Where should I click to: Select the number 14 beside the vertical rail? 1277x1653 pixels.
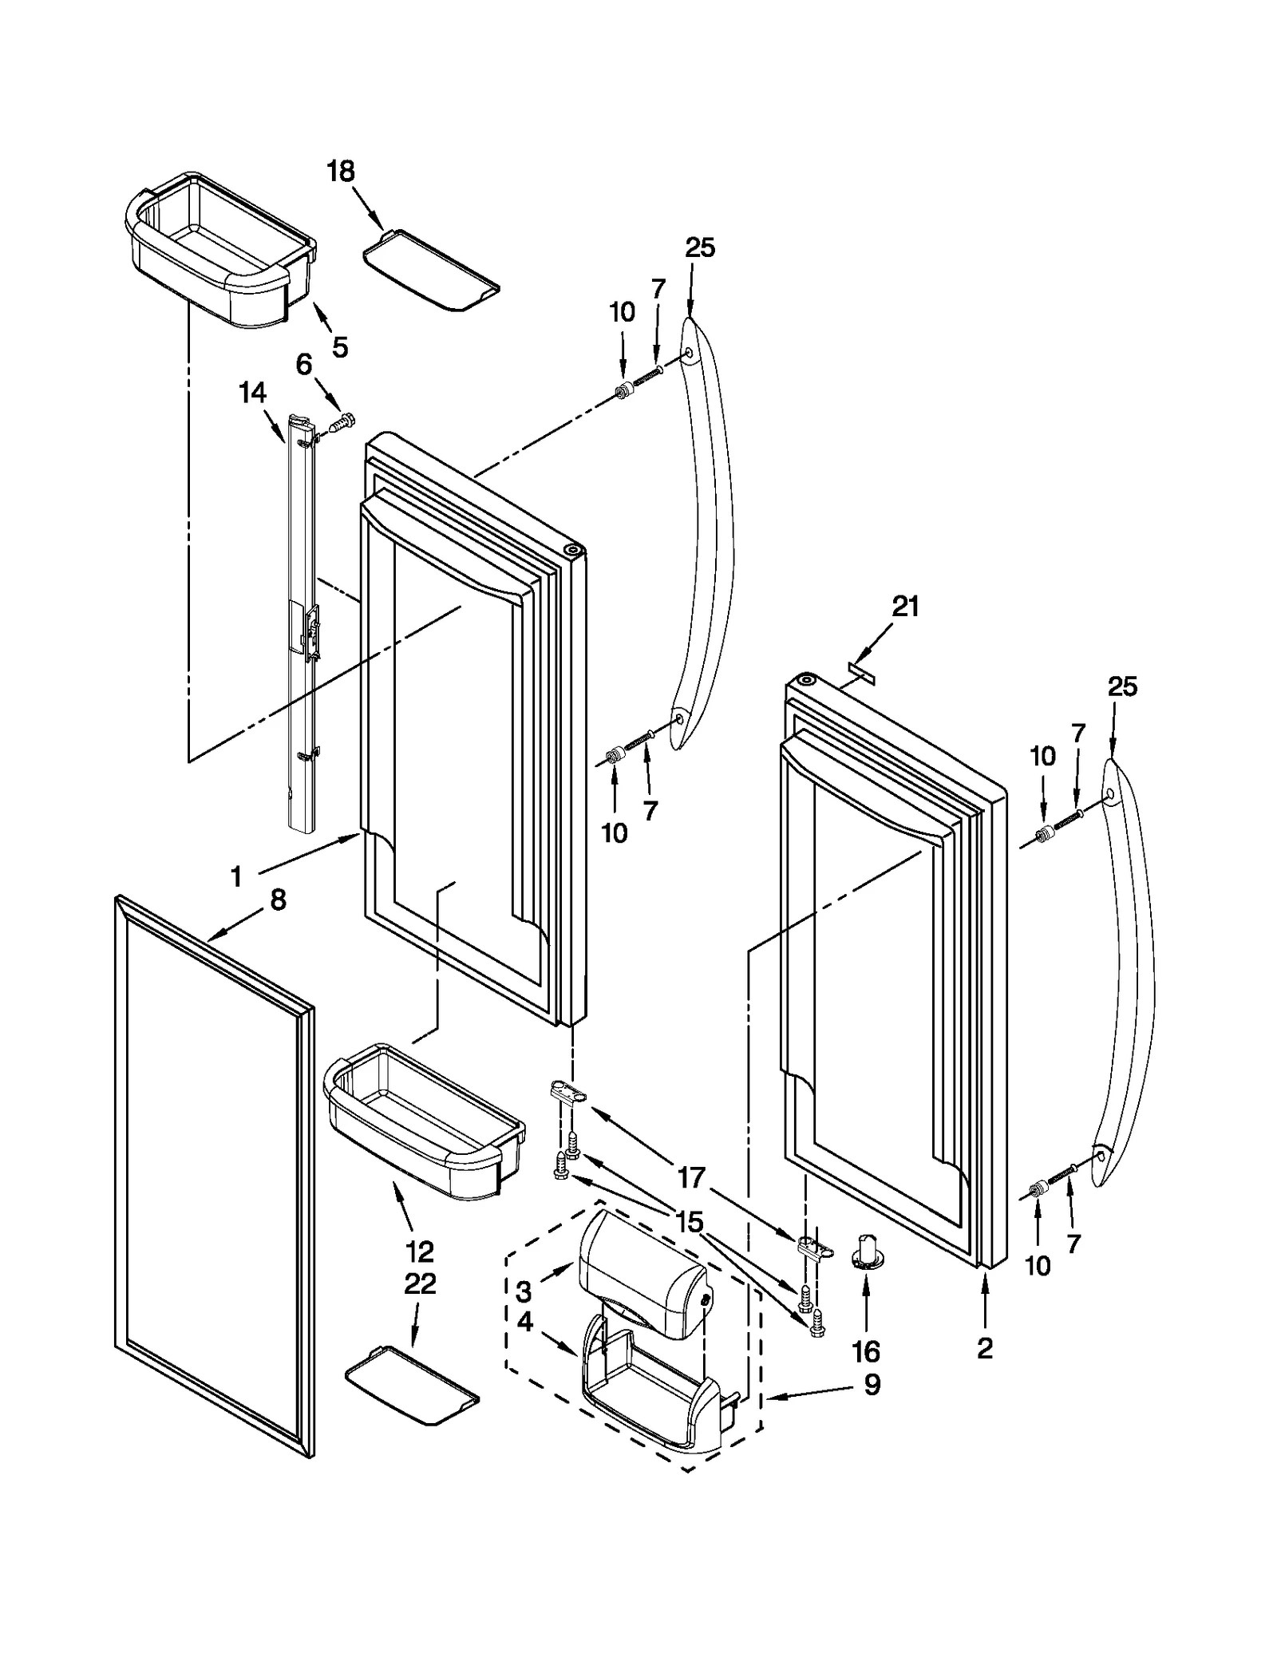pyautogui.click(x=252, y=393)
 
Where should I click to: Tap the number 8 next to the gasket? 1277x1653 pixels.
pyautogui.click(x=277, y=900)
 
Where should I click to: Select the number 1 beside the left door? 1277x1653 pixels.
pyautogui.click(x=236, y=877)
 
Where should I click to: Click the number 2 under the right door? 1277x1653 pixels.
pyautogui.click(x=985, y=1348)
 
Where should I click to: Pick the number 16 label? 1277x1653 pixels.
pyautogui.click(x=866, y=1351)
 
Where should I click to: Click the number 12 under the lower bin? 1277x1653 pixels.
pyautogui.click(x=420, y=1251)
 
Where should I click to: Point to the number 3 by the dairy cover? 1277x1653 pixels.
pyautogui.click(x=524, y=1291)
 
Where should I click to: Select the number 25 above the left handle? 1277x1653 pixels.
pyautogui.click(x=699, y=247)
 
